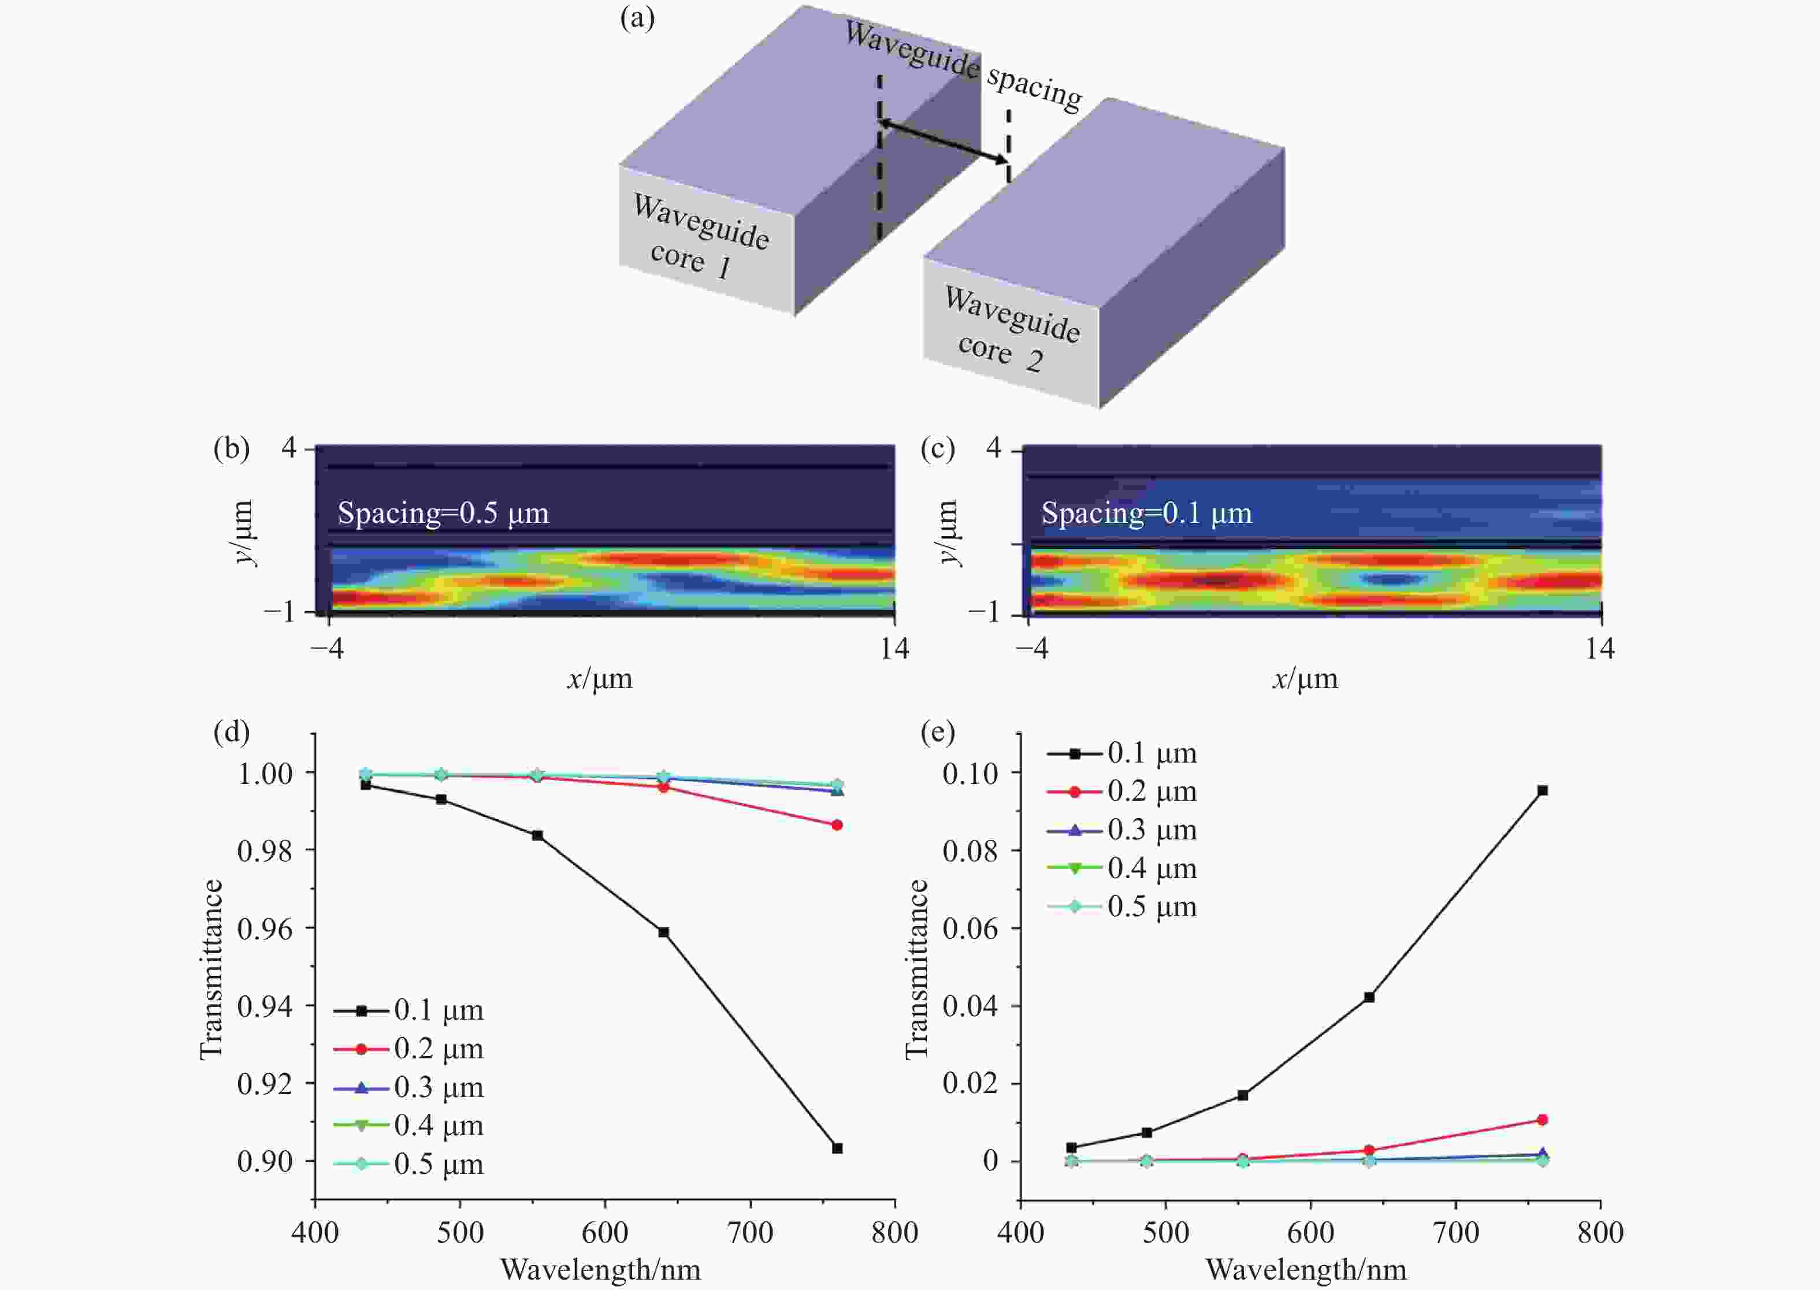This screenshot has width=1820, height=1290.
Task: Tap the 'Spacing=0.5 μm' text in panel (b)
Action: (443, 513)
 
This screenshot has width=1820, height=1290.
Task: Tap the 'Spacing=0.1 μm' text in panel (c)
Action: (1146, 513)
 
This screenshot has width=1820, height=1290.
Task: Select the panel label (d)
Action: (231, 731)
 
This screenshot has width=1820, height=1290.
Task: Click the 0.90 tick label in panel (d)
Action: (265, 1161)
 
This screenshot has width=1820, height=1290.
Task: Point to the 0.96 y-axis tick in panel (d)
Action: (265, 928)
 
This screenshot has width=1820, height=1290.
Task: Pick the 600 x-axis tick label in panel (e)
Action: (1310, 1232)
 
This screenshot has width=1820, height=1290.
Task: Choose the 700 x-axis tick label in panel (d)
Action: (750, 1232)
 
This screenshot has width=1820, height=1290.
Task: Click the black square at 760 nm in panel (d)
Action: (837, 1148)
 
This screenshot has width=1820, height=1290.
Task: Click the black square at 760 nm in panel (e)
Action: (1543, 790)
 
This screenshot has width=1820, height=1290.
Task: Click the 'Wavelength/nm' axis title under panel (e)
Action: (1306, 1269)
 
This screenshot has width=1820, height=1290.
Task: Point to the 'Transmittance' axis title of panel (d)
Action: (210, 969)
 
